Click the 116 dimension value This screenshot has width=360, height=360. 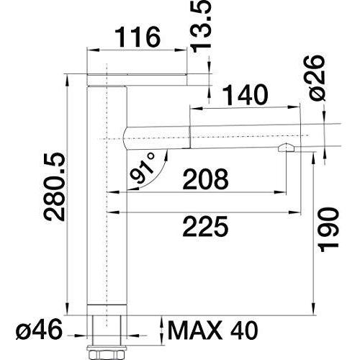tap(138, 37)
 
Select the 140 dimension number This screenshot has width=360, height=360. tap(245, 95)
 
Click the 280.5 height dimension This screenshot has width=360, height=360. tap(55, 186)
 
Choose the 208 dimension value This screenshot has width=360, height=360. tap(205, 179)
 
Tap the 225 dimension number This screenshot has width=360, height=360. tap(205, 226)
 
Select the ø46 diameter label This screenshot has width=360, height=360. tap(39, 329)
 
